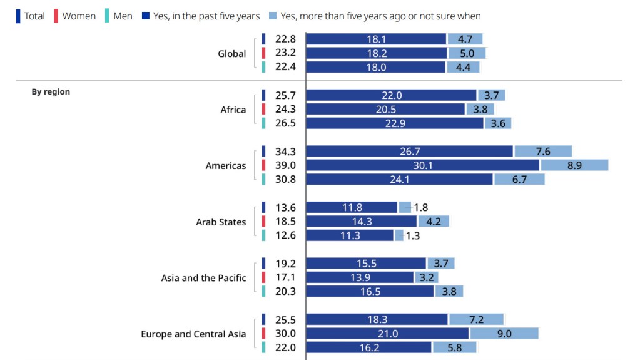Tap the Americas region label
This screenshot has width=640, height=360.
(226, 166)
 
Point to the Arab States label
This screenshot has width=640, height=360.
(221, 222)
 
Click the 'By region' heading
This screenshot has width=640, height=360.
(51, 91)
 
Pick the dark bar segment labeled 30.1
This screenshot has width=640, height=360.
(423, 165)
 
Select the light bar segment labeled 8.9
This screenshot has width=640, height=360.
(574, 165)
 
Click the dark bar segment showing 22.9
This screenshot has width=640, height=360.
(395, 123)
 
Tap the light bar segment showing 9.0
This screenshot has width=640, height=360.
(504, 334)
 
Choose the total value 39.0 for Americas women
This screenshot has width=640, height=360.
(285, 165)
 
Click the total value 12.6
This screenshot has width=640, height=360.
(285, 235)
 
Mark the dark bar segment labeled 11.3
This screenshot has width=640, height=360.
(350, 235)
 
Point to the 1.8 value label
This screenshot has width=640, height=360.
(420, 207)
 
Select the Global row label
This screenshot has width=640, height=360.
(231, 54)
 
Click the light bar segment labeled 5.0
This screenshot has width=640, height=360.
(467, 53)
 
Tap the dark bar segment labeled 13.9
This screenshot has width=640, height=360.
(360, 277)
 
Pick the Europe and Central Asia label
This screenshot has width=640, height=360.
(193, 334)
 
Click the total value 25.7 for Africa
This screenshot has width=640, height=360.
(285, 95)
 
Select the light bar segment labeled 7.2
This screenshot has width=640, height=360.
(476, 319)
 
